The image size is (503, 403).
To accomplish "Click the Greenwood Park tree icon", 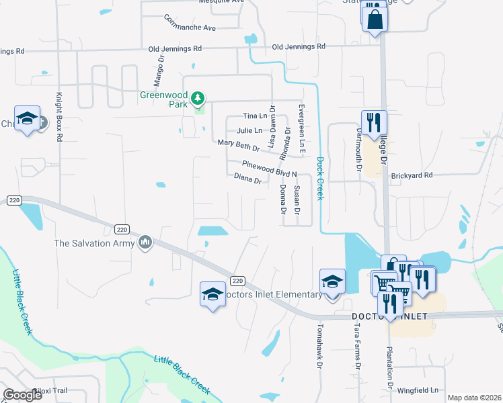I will coord(197,99).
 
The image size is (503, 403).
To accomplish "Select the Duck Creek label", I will coord(320,178).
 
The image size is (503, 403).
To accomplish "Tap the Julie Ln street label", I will coord(249,130).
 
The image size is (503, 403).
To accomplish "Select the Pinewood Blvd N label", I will coord(269,167).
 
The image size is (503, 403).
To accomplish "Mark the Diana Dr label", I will coord(247,179).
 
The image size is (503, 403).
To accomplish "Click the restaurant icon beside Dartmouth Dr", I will coord(375,122).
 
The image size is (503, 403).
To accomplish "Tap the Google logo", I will coord(23,395).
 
